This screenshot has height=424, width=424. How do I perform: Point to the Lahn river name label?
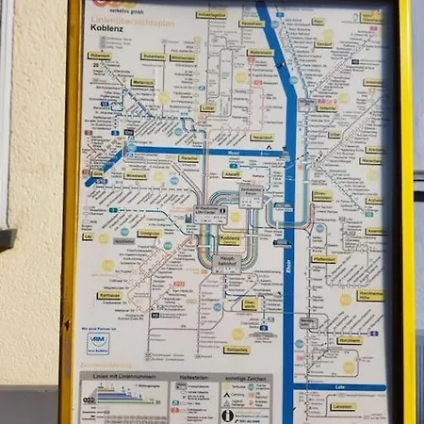339,386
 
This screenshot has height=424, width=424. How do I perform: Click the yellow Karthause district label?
109,294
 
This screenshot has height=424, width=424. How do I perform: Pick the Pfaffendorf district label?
324,258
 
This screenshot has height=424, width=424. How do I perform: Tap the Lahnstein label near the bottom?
343,406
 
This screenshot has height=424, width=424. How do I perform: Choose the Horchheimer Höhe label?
369,294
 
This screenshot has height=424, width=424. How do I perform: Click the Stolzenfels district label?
236,350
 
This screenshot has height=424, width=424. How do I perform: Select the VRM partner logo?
98,343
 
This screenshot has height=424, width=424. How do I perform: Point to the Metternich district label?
142,82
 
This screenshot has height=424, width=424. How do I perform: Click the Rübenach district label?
99,56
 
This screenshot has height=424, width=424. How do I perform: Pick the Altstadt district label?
232,174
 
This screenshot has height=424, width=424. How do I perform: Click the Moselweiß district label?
136,175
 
